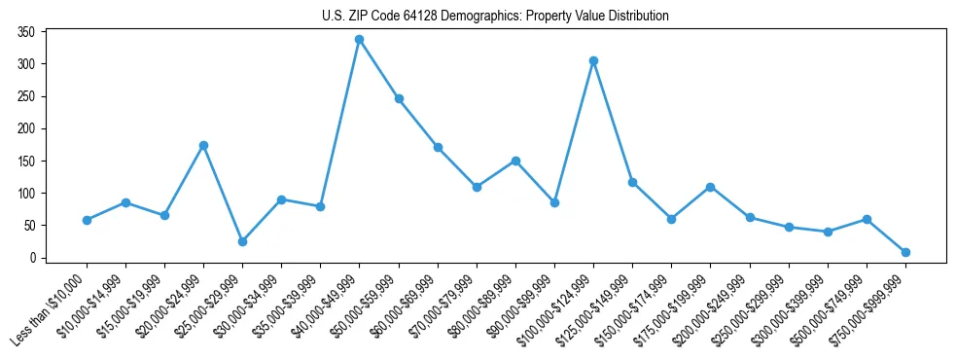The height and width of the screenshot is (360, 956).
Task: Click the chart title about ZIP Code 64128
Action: click(495, 17)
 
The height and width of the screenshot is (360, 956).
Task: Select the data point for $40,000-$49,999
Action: click(359, 40)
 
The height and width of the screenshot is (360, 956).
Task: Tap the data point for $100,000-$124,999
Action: click(593, 60)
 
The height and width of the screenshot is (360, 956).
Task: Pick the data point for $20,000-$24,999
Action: click(203, 145)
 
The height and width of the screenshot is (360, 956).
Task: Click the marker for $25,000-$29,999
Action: click(242, 241)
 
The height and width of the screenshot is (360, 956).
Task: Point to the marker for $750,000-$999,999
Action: click(905, 252)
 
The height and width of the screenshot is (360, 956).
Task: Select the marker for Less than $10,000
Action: click(87, 220)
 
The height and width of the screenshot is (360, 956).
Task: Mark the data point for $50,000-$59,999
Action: click(399, 98)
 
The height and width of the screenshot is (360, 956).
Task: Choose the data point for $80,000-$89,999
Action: click(515, 161)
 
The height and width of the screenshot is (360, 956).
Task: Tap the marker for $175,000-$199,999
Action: click(710, 187)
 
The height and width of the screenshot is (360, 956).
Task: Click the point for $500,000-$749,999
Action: click(867, 219)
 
